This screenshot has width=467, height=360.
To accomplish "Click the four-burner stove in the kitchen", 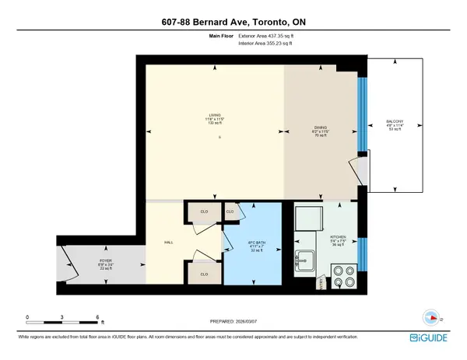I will pyautogui.click(x=343, y=277).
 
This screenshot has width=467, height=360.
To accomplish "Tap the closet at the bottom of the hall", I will pyautogui.click(x=203, y=274).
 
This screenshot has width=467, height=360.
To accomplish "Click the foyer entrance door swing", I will pyautogui.click(x=68, y=262).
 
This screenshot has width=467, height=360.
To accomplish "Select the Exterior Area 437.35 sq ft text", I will pyautogui.click(x=269, y=36).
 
